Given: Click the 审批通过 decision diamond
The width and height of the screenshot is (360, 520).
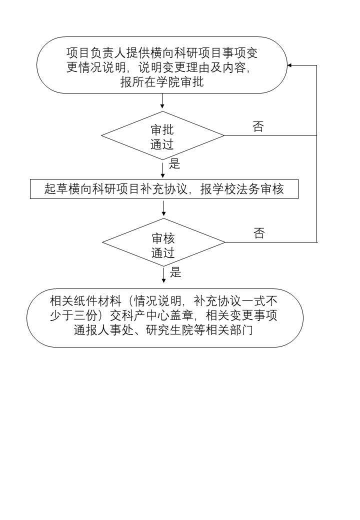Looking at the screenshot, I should (162, 136).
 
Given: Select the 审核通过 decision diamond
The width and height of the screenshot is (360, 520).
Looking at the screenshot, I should (163, 242).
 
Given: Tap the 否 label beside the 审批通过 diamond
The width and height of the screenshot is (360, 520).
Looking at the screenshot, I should (258, 127).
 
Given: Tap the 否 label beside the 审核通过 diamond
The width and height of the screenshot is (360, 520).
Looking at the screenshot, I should (259, 233).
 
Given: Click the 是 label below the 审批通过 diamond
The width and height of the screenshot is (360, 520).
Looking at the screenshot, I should (174, 163).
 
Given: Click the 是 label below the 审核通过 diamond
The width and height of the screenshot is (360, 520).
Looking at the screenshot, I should (175, 272).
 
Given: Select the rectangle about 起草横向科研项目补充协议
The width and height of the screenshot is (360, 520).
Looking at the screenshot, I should (164, 189).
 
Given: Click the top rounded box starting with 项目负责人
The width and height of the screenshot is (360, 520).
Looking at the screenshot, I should (162, 65).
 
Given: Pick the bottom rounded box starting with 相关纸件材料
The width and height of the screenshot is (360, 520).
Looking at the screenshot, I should (165, 317).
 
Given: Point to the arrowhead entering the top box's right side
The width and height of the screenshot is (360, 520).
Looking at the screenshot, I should (290, 65).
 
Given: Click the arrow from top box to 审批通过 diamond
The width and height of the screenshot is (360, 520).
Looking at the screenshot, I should (162, 101).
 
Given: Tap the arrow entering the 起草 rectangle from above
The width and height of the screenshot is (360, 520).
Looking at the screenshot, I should (162, 170).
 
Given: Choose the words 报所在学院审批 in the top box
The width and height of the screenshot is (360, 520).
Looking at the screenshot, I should (162, 82).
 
